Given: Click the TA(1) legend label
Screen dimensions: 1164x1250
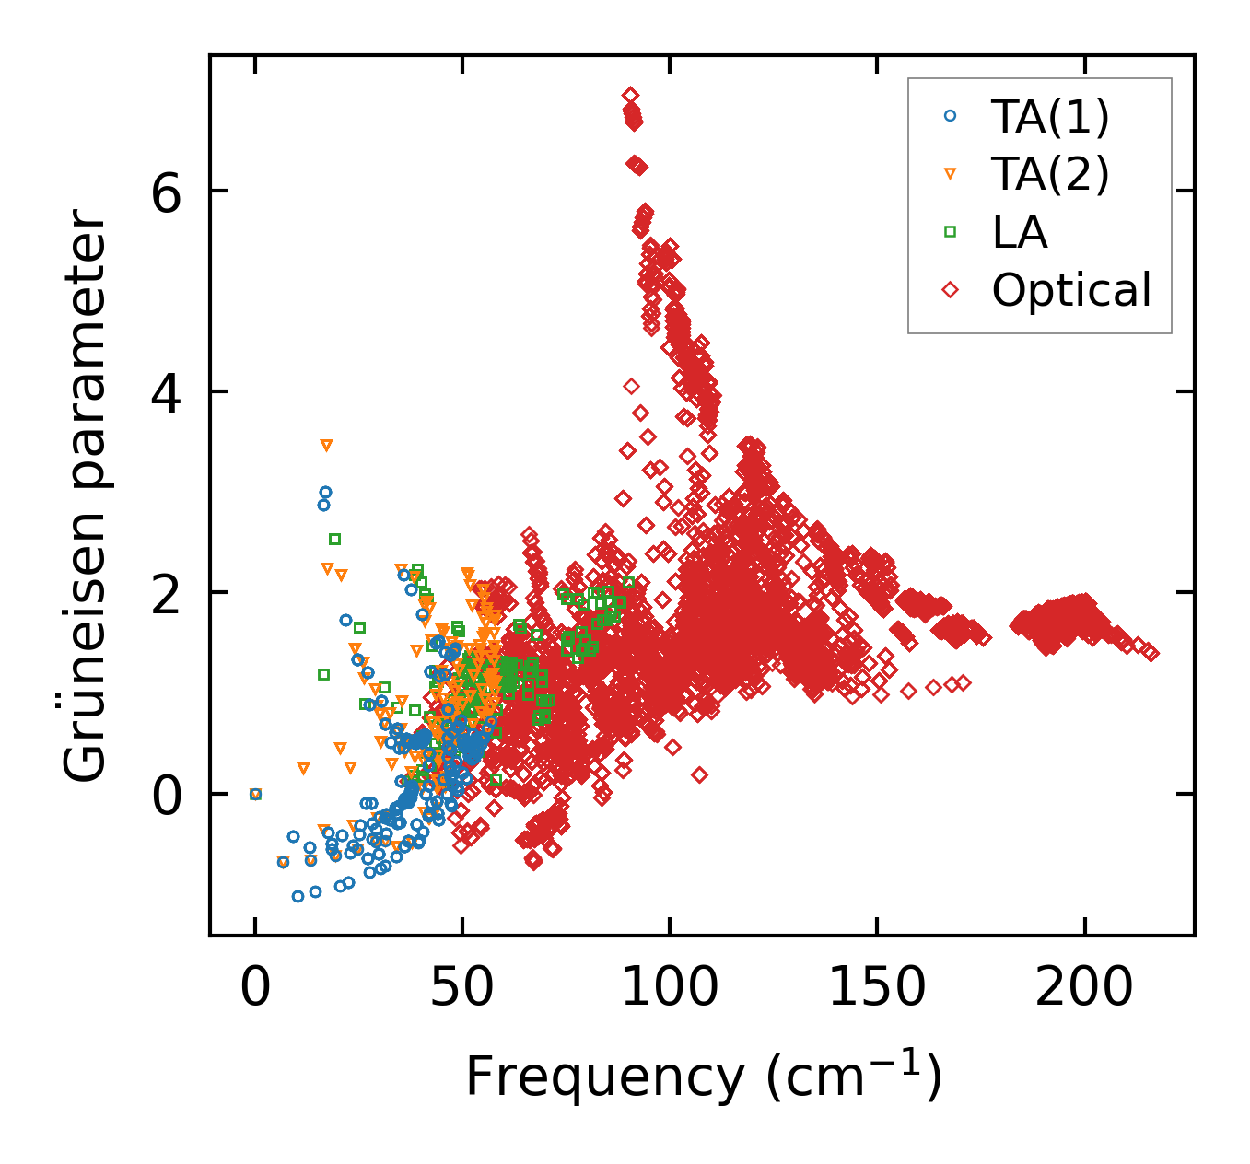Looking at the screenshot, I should [x=1050, y=116].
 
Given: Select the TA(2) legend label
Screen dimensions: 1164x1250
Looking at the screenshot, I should [x=1050, y=174].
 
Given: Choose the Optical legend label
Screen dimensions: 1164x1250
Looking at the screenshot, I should [x=1071, y=290].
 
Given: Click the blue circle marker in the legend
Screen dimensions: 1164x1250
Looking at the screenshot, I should [x=951, y=116].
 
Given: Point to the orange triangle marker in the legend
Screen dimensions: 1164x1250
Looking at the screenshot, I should [x=951, y=174].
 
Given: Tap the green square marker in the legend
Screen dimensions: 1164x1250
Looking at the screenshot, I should [x=951, y=232].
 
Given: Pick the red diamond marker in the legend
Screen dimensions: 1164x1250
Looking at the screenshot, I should [x=951, y=290].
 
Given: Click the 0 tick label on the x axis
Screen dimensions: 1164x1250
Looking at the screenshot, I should [x=255, y=988].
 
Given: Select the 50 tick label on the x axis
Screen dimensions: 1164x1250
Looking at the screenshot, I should [x=462, y=988].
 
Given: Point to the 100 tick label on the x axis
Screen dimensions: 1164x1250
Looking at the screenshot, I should [x=670, y=988].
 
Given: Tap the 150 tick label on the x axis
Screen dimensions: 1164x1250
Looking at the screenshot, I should [x=877, y=988].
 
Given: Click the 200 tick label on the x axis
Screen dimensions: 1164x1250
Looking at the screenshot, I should [x=1084, y=988].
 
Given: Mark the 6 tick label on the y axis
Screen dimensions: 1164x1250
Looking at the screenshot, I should [x=167, y=191].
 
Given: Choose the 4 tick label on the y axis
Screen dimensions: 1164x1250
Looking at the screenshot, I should [x=167, y=391].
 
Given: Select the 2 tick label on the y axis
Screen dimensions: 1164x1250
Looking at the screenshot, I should [x=167, y=592].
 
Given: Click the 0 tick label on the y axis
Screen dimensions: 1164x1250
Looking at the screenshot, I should [x=167, y=794].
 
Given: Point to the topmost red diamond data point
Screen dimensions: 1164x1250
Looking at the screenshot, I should [x=630, y=95].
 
